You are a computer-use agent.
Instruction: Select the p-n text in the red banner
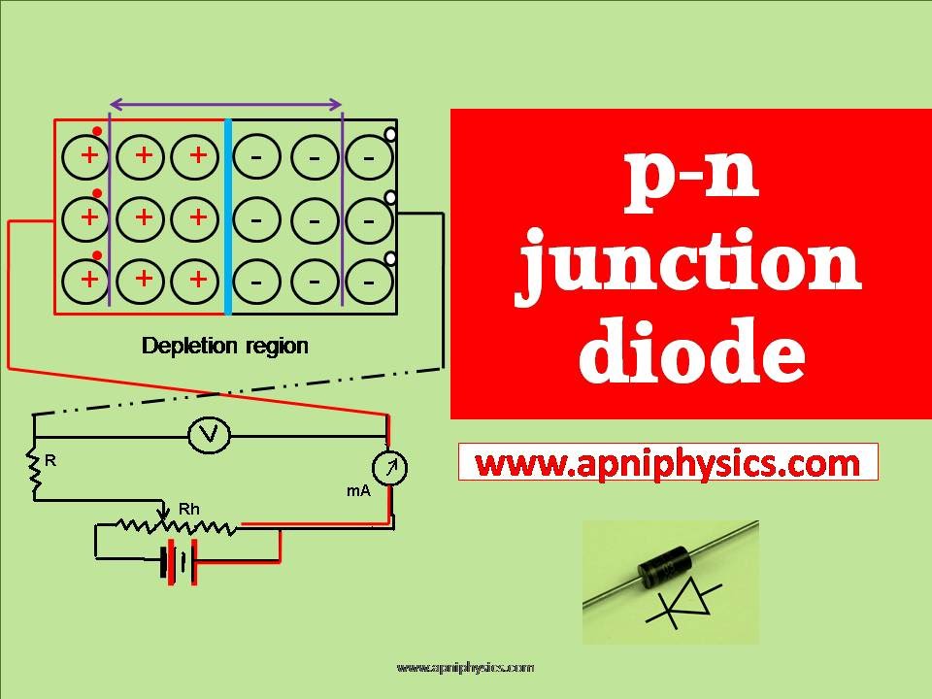coord(690,180)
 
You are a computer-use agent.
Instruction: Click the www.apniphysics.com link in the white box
coord(668,463)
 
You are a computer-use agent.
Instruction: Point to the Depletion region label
coord(224,346)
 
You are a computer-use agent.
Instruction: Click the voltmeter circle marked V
coord(208,436)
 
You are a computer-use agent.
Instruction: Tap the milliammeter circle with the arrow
coord(390,469)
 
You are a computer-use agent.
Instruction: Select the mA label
coord(359,491)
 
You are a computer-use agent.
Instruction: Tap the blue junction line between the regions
coord(228,216)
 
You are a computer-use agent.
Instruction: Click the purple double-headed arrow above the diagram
coord(226,104)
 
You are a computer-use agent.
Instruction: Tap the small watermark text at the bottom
coord(465,668)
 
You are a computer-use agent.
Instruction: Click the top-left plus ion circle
coord(89,155)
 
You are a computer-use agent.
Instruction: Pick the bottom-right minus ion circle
coord(368,282)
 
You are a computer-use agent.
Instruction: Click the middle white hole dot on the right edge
coord(390,197)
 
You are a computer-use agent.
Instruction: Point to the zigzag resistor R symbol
coord(36,475)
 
